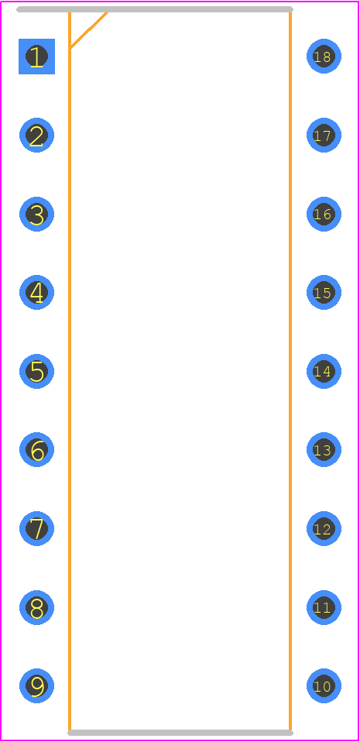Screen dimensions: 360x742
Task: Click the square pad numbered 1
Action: (36, 57)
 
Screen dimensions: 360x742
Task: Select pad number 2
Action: (36, 136)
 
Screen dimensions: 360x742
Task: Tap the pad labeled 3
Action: (36, 214)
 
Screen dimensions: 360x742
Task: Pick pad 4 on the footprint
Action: (36, 293)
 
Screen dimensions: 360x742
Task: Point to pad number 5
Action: (36, 371)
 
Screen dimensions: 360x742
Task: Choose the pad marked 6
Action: (36, 449)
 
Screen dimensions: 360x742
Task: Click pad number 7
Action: (36, 528)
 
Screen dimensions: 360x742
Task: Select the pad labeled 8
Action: (36, 607)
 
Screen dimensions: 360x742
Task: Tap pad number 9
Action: (36, 685)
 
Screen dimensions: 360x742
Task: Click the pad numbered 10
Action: (324, 685)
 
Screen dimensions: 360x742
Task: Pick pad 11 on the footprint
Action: (324, 607)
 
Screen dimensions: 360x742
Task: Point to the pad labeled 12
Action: (324, 528)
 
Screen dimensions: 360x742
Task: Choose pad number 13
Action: (324, 449)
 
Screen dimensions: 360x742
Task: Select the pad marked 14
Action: (324, 371)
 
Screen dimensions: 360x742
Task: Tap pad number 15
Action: (324, 293)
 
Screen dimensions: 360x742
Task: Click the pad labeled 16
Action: (324, 214)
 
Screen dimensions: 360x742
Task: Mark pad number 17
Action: (324, 136)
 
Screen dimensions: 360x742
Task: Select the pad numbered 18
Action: (324, 57)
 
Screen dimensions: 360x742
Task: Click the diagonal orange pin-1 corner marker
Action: (89, 29)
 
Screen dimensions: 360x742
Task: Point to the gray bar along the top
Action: (155, 9)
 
